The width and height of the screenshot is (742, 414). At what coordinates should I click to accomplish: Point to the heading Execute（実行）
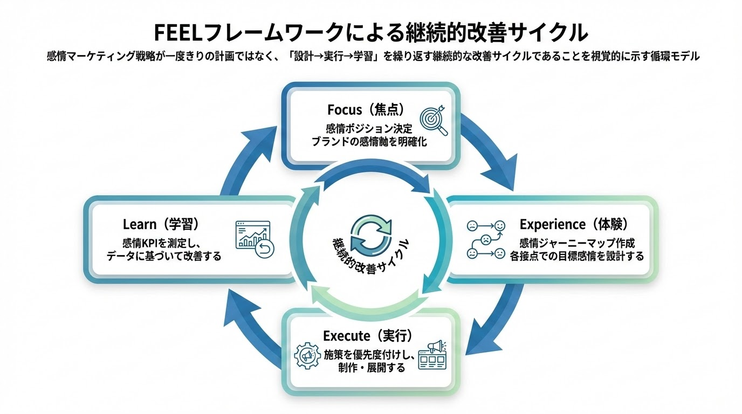tap(368, 336)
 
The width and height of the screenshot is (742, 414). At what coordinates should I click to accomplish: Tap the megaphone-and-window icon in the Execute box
tap(435, 354)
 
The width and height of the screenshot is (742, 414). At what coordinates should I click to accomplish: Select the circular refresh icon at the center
tap(370, 233)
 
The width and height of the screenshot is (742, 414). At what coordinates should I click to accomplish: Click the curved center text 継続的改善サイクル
tap(370, 258)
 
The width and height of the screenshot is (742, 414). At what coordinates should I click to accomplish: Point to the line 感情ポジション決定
tap(369, 129)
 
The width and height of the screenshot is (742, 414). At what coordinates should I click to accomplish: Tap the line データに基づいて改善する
tap(164, 256)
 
